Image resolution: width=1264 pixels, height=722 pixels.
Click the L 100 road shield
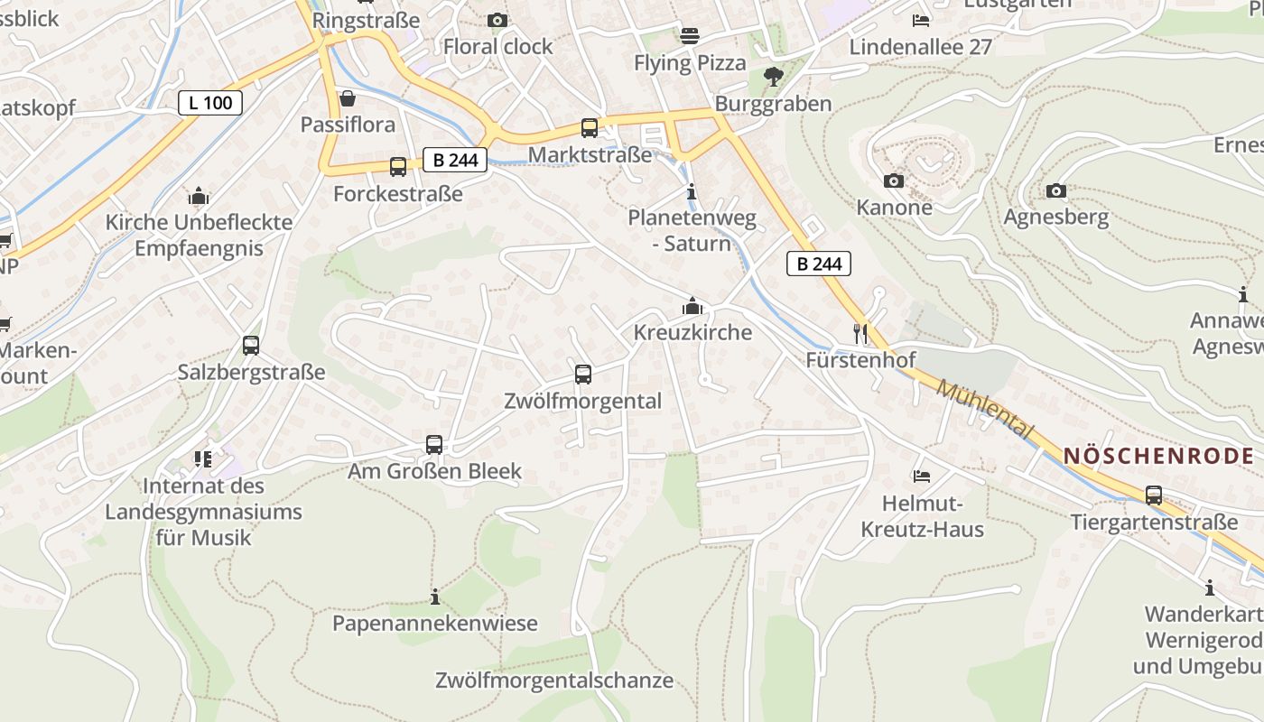[x=210, y=103]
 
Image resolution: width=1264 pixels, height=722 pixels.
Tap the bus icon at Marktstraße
[x=590, y=128]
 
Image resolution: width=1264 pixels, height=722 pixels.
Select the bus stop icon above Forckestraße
[x=398, y=166]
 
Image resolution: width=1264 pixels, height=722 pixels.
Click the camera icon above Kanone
[x=894, y=181]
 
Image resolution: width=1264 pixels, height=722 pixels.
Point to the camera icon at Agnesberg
[x=1055, y=190]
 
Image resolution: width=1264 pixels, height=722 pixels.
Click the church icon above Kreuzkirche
[x=692, y=307]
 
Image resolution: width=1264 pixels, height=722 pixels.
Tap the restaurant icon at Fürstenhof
[x=860, y=334]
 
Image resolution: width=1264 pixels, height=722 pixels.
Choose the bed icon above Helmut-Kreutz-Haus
[x=922, y=476]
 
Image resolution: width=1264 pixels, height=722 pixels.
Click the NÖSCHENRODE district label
[x=1162, y=456]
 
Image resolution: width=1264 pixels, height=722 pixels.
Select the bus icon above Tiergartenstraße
[x=1154, y=495]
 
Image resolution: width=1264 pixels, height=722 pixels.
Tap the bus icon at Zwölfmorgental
[x=583, y=374]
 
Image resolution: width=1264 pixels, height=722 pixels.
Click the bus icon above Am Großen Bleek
[x=434, y=444]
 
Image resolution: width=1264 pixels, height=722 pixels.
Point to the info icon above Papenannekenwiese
[x=435, y=597]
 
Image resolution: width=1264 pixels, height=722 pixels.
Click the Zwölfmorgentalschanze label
[x=554, y=680]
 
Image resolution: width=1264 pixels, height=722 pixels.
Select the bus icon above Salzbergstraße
[x=251, y=345]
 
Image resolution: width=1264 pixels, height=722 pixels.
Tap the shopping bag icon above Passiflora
[x=348, y=97]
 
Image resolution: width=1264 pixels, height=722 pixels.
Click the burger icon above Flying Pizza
[x=690, y=36]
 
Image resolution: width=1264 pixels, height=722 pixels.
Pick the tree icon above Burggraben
[x=773, y=77]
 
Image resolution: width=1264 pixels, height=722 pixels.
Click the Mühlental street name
[x=983, y=409]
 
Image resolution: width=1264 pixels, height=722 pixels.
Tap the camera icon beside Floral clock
[x=497, y=20]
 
